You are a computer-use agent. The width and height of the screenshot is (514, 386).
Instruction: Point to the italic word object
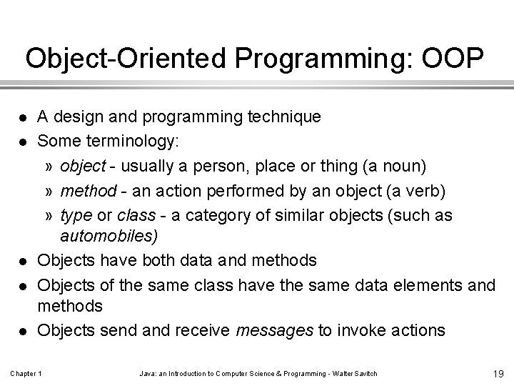pos(83,167)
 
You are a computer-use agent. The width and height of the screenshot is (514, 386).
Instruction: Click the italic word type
pos(75,216)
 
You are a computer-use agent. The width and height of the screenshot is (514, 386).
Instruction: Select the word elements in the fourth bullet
pos(425,286)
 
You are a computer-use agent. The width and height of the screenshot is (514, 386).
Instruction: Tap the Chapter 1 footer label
pos(26,374)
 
